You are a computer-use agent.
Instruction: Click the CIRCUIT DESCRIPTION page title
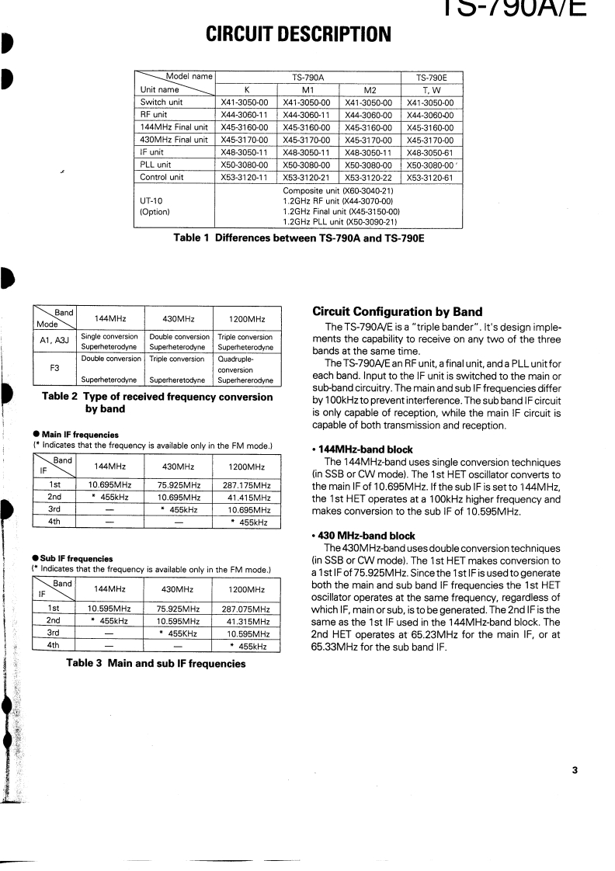[298, 34]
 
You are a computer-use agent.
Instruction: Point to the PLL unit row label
[155, 165]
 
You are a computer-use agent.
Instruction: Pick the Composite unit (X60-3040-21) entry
[338, 190]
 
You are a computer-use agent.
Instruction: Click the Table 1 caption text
[298, 238]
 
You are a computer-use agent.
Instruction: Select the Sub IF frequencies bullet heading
[73, 558]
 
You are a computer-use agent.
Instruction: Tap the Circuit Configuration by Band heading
[397, 312]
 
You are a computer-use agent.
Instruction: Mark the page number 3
[575, 771]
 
